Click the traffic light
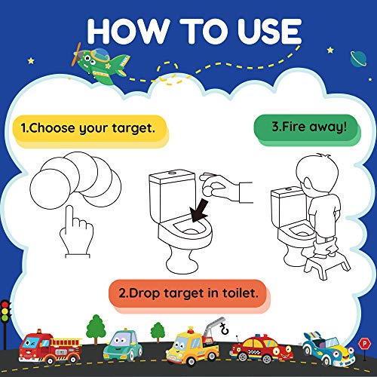[x=7, y=315]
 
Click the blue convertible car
[x=329, y=348]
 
